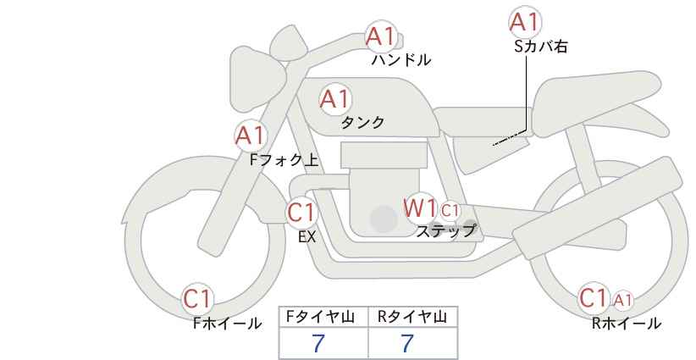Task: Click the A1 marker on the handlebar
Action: (380, 36)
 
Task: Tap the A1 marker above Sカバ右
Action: (525, 22)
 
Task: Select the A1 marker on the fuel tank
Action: (335, 99)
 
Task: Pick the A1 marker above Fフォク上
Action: (251, 136)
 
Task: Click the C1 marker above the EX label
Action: (301, 212)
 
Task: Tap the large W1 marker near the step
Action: (420, 208)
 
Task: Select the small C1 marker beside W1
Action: (450, 210)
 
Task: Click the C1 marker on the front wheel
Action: (197, 298)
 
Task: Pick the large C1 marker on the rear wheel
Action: (594, 297)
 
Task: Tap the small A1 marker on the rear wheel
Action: (623, 301)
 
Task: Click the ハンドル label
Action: (401, 59)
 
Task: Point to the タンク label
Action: (362, 122)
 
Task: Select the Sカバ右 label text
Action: (541, 47)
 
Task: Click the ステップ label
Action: (446, 231)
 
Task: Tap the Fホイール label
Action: (227, 324)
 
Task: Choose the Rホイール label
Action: (627, 324)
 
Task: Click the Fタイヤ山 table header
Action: (320, 317)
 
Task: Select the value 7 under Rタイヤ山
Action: (407, 343)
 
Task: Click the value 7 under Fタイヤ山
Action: (318, 343)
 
